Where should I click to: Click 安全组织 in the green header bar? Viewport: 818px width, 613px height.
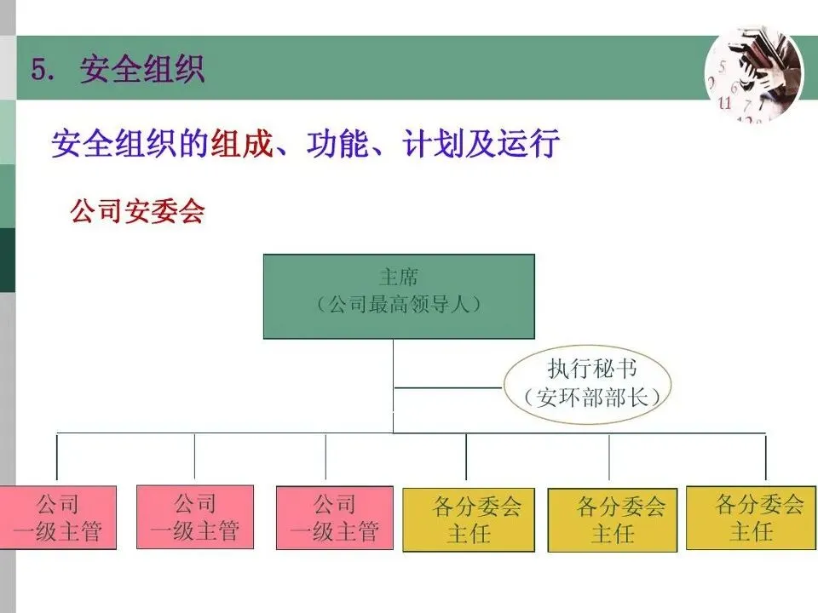[x=142, y=69]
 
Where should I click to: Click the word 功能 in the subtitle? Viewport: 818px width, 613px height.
[x=336, y=143]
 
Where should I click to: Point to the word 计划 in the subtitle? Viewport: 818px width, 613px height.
[x=431, y=143]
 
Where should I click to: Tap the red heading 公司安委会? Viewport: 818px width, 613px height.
[x=137, y=211]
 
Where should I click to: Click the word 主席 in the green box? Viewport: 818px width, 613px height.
[x=399, y=278]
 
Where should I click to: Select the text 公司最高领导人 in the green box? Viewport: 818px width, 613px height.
[x=399, y=304]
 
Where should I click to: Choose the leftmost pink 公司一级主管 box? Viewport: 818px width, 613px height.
[x=57, y=517]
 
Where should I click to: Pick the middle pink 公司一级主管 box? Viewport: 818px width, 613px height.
[x=195, y=516]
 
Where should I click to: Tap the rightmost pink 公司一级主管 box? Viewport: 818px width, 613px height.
[x=334, y=517]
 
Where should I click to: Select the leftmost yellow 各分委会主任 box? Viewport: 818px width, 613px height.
[x=468, y=519]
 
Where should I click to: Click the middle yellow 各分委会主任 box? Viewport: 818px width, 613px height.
[x=612, y=519]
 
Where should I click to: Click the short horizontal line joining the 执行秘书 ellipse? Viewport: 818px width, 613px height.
[x=447, y=388]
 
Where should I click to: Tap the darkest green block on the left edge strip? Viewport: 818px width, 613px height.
[x=7, y=260]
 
